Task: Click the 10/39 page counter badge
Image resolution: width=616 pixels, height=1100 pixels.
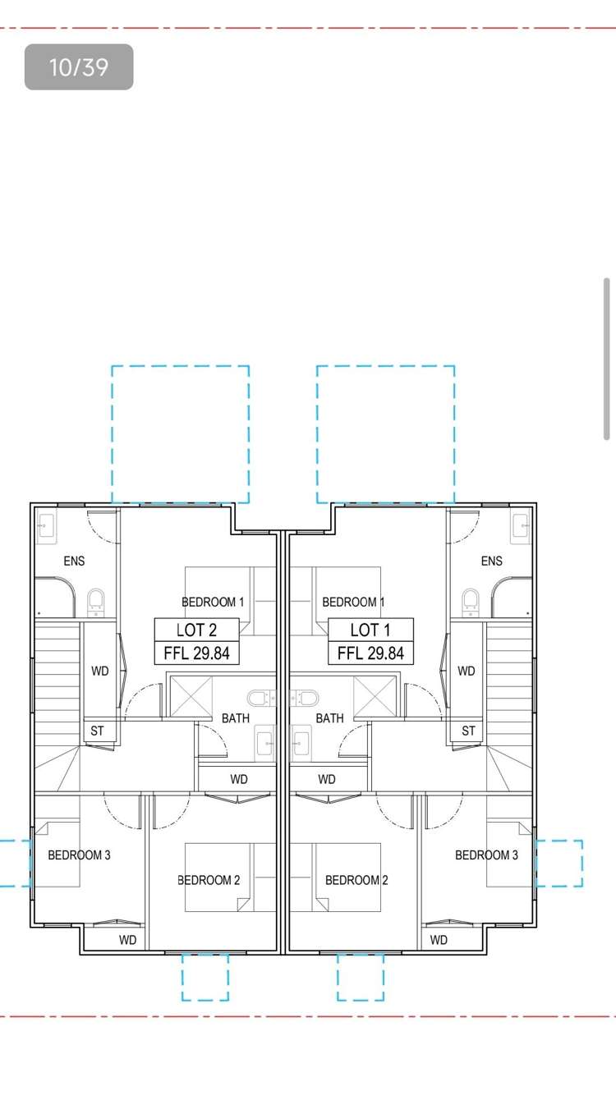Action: tap(79, 66)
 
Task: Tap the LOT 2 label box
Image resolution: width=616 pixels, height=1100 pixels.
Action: tap(196, 630)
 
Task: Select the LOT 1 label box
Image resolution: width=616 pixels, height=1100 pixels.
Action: tap(370, 630)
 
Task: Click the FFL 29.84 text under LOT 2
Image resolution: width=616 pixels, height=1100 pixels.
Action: tap(196, 653)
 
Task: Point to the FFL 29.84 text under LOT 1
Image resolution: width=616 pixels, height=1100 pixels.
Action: tap(370, 653)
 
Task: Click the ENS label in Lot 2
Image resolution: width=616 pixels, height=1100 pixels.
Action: tap(74, 561)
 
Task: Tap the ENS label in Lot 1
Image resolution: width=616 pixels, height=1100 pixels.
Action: tap(491, 561)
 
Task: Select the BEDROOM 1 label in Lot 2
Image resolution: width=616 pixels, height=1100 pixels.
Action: tap(213, 602)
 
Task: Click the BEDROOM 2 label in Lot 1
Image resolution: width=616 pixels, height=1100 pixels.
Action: tap(356, 880)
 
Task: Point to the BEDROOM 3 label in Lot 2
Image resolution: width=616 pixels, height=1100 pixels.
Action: tap(79, 855)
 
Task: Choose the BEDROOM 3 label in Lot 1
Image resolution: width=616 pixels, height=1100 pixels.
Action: tap(486, 855)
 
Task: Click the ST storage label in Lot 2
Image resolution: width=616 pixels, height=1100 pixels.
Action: tap(98, 731)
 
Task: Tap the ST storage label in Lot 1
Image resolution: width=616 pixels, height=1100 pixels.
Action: tap(468, 731)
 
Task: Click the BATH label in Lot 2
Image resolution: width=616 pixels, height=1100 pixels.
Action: tap(236, 718)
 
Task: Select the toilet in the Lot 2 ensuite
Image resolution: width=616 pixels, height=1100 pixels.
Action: tap(96, 602)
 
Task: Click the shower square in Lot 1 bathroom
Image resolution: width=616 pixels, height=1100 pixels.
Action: tap(375, 697)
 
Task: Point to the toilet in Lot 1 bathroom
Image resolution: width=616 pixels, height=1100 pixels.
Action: tap(307, 698)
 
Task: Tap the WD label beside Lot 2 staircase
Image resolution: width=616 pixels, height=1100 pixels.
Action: tap(100, 671)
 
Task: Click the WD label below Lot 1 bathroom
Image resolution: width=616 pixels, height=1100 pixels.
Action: tap(327, 778)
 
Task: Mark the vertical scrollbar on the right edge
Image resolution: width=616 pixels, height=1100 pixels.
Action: tap(607, 360)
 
